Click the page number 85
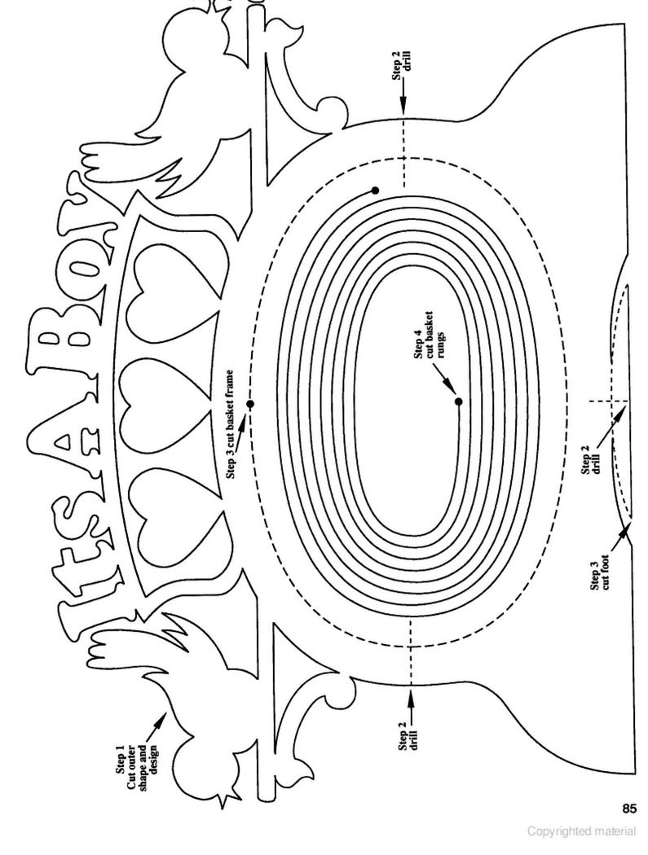pos(628,808)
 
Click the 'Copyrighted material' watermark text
pos(581,831)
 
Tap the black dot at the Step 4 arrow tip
pos(459,402)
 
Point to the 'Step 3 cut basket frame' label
pos(231,425)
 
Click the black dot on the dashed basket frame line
pos(250,404)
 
